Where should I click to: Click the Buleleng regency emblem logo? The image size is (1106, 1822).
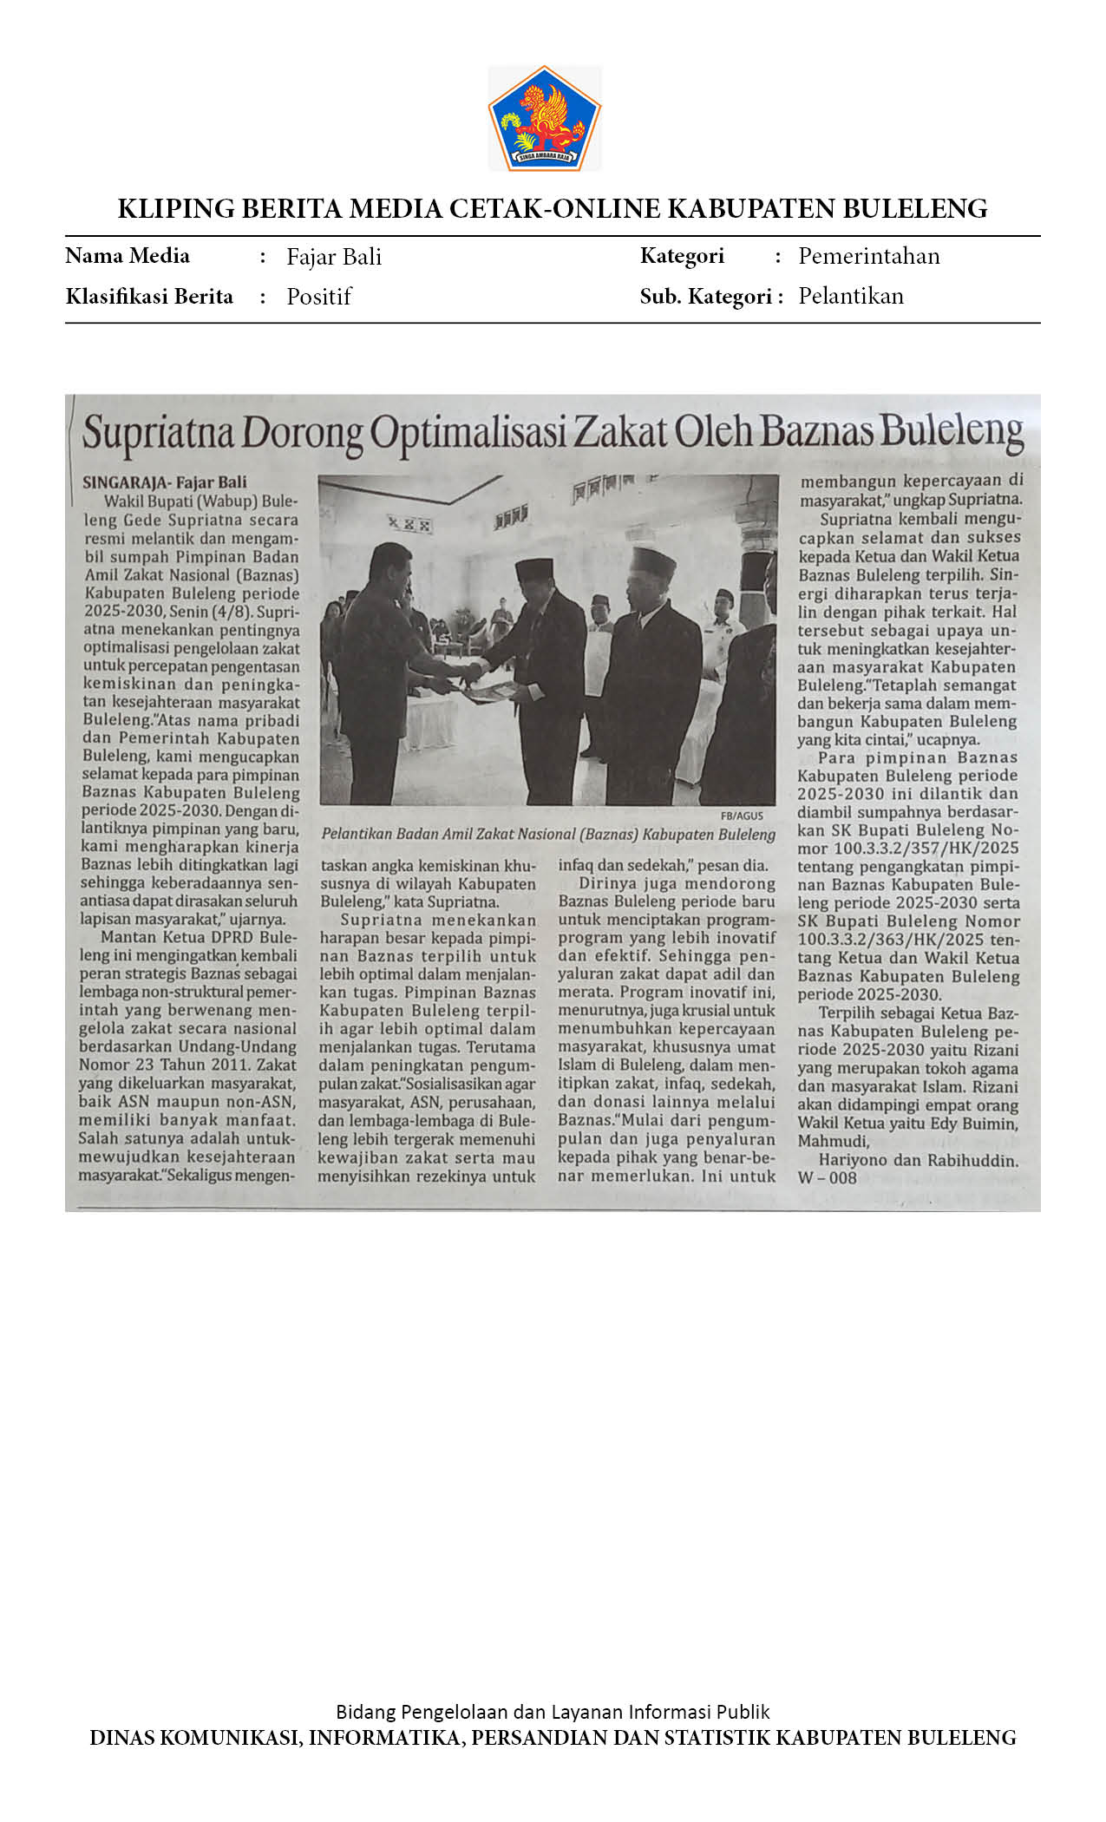click(545, 118)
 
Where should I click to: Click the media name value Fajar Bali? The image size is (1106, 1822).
click(334, 257)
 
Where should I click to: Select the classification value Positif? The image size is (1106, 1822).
click(318, 297)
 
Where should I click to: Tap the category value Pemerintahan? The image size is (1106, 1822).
click(868, 256)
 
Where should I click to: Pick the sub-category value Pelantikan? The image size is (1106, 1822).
click(850, 296)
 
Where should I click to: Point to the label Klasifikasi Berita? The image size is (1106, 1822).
click(149, 297)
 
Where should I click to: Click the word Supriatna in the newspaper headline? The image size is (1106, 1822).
click(158, 433)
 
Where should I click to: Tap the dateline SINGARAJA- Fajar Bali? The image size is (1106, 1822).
click(165, 482)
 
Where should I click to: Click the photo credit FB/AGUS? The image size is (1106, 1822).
click(742, 816)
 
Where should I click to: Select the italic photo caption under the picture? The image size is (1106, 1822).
click(548, 834)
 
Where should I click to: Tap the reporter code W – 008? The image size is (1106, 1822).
click(827, 1178)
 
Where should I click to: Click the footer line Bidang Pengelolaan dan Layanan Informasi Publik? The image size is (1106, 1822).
click(553, 1711)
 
